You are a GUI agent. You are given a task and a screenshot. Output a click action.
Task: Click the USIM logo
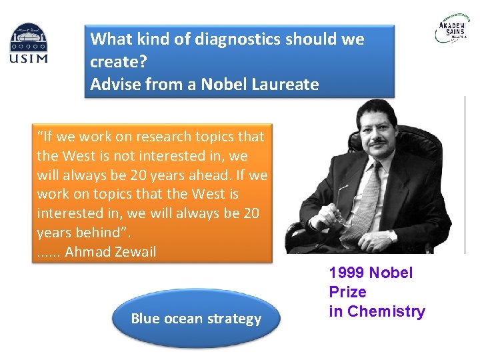click(29, 43)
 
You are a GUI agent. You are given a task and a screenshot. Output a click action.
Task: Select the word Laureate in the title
click(285, 85)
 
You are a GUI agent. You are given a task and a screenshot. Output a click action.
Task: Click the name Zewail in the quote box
click(134, 252)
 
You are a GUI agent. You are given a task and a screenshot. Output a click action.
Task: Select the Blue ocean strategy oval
click(196, 319)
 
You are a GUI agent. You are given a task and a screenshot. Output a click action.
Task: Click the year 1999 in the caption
click(347, 273)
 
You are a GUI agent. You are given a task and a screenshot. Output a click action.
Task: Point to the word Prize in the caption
click(347, 292)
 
